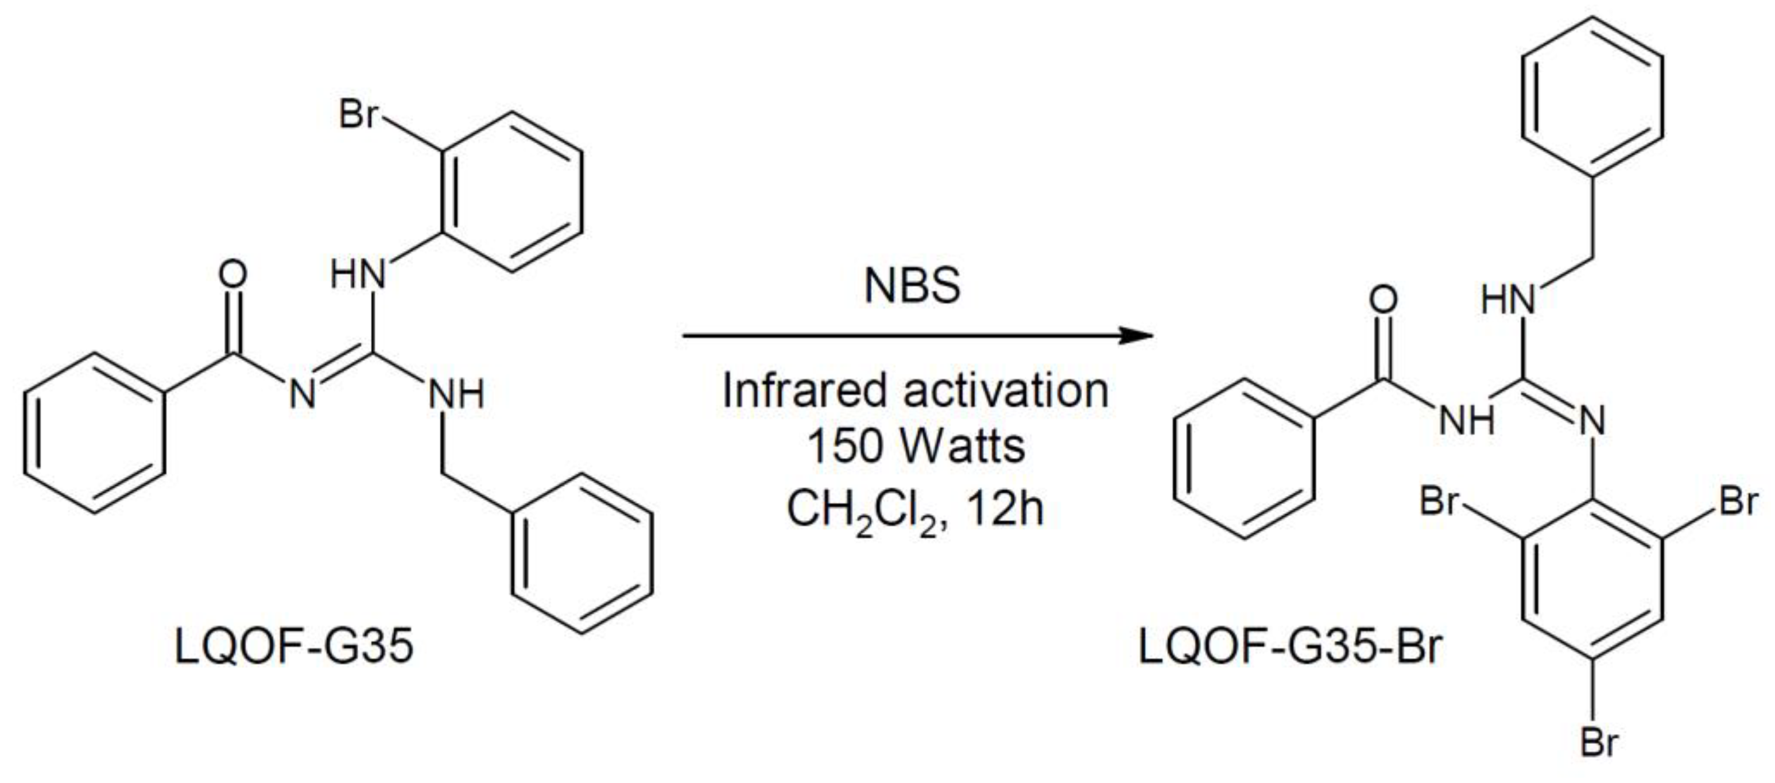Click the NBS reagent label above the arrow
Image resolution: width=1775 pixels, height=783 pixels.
click(912, 285)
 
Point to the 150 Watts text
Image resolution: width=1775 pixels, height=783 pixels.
click(915, 446)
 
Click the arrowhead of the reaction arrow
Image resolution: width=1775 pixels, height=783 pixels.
click(1137, 336)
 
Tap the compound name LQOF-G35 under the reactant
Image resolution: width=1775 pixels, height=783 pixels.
click(294, 647)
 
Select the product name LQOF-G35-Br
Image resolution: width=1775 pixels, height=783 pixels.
click(1289, 647)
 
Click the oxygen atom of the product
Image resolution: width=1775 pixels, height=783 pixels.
click(1383, 300)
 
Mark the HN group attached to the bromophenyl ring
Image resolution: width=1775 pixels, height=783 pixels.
click(357, 274)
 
